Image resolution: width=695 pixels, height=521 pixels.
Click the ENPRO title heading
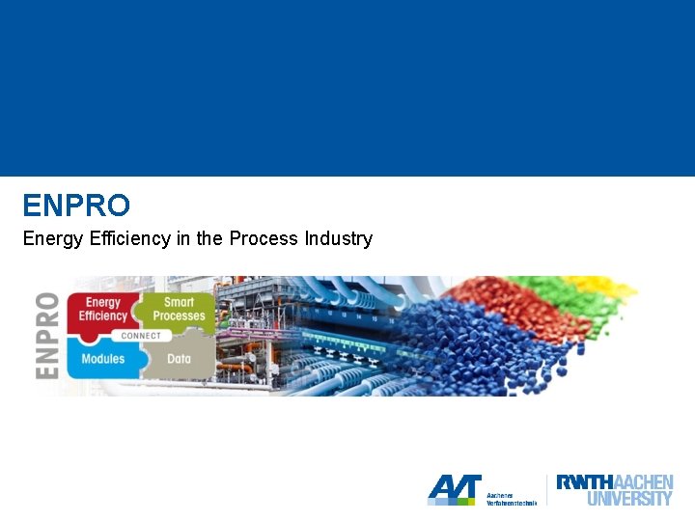coord(76,206)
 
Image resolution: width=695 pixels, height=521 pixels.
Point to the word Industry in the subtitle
coord(338,238)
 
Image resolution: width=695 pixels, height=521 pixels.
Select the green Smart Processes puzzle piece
coord(179,309)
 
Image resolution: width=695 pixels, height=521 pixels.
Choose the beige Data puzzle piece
coord(179,359)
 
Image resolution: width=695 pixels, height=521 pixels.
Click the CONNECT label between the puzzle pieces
coord(142,335)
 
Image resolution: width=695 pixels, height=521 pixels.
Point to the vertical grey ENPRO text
coord(48,336)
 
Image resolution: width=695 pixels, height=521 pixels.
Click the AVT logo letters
coord(454,489)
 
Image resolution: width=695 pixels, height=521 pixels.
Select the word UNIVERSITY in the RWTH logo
coord(629,499)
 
